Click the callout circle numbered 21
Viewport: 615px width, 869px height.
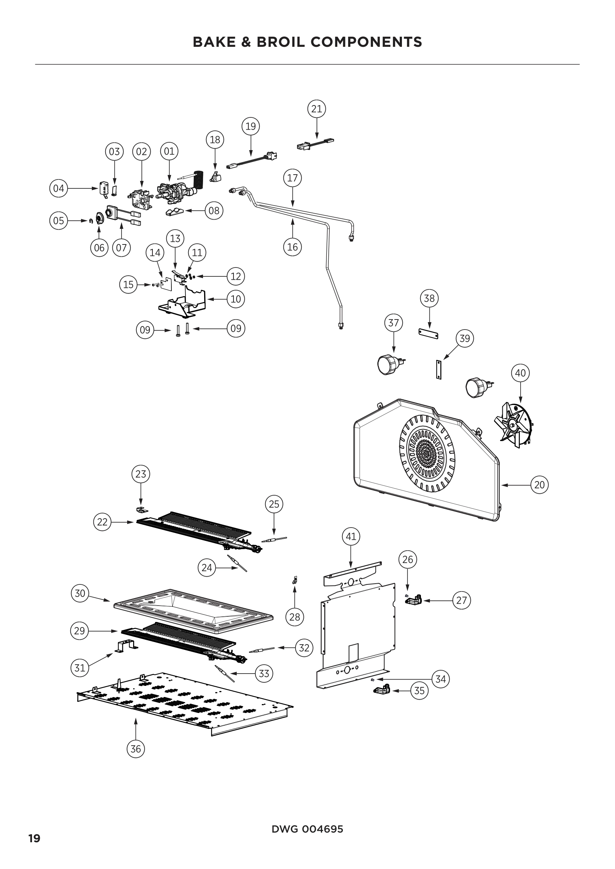click(316, 109)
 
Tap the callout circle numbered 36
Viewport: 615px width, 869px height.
click(136, 749)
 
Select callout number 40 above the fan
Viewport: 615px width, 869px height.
click(520, 373)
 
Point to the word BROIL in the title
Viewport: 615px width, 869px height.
click(280, 42)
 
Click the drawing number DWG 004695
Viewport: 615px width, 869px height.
click(307, 829)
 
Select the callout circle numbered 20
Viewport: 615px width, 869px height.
click(539, 484)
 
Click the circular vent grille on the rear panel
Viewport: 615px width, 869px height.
click(427, 452)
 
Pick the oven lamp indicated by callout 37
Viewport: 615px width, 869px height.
click(388, 364)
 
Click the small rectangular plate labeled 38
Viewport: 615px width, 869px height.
click(428, 333)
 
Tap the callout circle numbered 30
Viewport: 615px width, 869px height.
click(80, 593)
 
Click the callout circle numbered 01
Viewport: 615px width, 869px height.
click(169, 151)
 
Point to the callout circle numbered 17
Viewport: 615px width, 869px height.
click(292, 178)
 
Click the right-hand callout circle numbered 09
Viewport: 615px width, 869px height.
click(235, 328)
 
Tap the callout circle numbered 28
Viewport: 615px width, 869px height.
click(294, 617)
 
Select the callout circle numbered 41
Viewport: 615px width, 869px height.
click(351, 536)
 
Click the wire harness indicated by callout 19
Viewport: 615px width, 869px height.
click(252, 160)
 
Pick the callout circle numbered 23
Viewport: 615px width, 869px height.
click(141, 474)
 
